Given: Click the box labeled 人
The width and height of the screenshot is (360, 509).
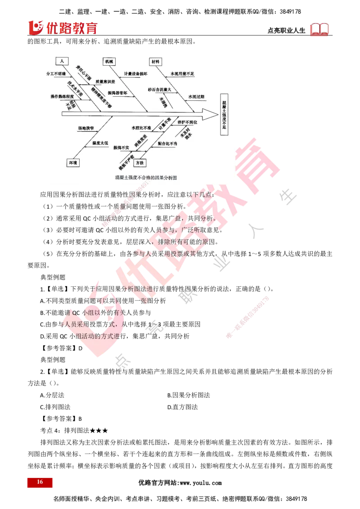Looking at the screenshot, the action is coord(61,61).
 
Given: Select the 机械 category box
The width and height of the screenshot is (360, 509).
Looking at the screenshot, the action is coord(109,61).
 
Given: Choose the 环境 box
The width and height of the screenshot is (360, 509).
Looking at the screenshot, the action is coord(72,162).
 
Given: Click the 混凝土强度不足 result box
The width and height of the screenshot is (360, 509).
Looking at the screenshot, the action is coord(225,115).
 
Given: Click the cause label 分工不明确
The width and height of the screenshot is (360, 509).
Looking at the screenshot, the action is coord(56,73).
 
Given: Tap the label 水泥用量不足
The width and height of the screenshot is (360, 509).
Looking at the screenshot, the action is coord(182,73).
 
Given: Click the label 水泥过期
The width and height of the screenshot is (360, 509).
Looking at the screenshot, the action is coord(196,96).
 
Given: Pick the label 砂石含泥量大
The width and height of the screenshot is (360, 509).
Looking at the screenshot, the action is coord(159,89).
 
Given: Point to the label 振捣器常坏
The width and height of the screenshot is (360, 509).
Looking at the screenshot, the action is coord(118,92).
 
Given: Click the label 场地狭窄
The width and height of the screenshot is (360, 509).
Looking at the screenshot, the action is coord(85,128).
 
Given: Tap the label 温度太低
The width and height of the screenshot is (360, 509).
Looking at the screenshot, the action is coord(100,143).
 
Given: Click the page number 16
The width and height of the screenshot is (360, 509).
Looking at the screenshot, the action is coord(40,482).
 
